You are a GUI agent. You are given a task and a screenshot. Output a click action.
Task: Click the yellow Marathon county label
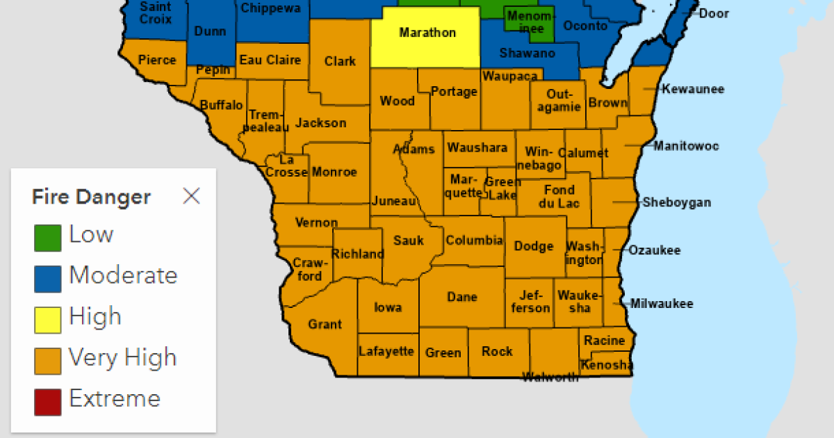(x=427, y=33)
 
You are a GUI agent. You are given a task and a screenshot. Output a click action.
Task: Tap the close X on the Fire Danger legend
(x=191, y=197)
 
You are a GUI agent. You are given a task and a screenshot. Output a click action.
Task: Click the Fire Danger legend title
(x=91, y=197)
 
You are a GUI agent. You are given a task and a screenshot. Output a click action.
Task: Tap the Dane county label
(x=462, y=297)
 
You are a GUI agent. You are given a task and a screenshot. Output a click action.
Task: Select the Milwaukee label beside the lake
(x=662, y=304)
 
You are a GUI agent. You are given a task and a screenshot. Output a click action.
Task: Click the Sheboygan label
(x=676, y=202)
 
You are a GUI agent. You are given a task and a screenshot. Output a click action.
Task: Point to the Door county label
(x=714, y=13)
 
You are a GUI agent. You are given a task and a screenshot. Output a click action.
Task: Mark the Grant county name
(x=325, y=324)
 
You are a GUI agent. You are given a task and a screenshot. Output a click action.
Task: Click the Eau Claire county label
(x=270, y=60)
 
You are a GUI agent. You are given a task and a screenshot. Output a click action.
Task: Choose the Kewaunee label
(x=693, y=89)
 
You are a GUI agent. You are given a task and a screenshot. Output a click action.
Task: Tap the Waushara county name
(x=478, y=147)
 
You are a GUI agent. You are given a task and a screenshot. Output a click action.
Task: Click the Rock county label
(x=497, y=351)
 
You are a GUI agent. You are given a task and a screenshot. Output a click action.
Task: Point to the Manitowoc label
(x=686, y=146)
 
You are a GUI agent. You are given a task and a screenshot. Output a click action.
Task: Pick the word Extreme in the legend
(x=115, y=399)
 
